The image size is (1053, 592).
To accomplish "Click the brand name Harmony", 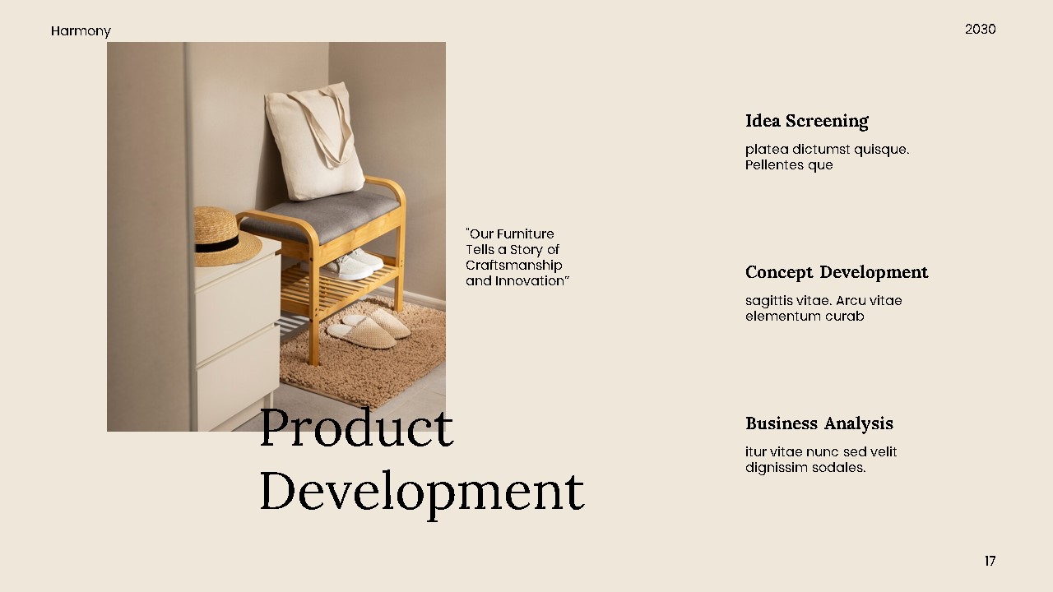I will pos(81,31).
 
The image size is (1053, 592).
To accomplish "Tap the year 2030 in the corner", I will pos(980,30).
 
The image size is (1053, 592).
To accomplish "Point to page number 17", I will pos(990,561).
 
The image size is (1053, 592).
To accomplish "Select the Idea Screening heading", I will pos(806,121).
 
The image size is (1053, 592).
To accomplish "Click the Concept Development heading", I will pos(837,272).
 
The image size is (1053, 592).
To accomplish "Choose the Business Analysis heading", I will pos(819,423).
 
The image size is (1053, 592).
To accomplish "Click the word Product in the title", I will pos(356,428).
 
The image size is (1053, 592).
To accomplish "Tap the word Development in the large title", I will pos(421,491).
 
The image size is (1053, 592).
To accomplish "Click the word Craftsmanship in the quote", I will pos(513,266).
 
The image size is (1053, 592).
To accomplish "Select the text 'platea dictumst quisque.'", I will pos(827,150).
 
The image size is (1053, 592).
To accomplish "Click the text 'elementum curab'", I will pos(805,317).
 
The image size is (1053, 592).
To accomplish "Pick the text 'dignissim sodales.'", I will pos(805,468).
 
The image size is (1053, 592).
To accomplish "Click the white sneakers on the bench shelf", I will pos(355,263).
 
